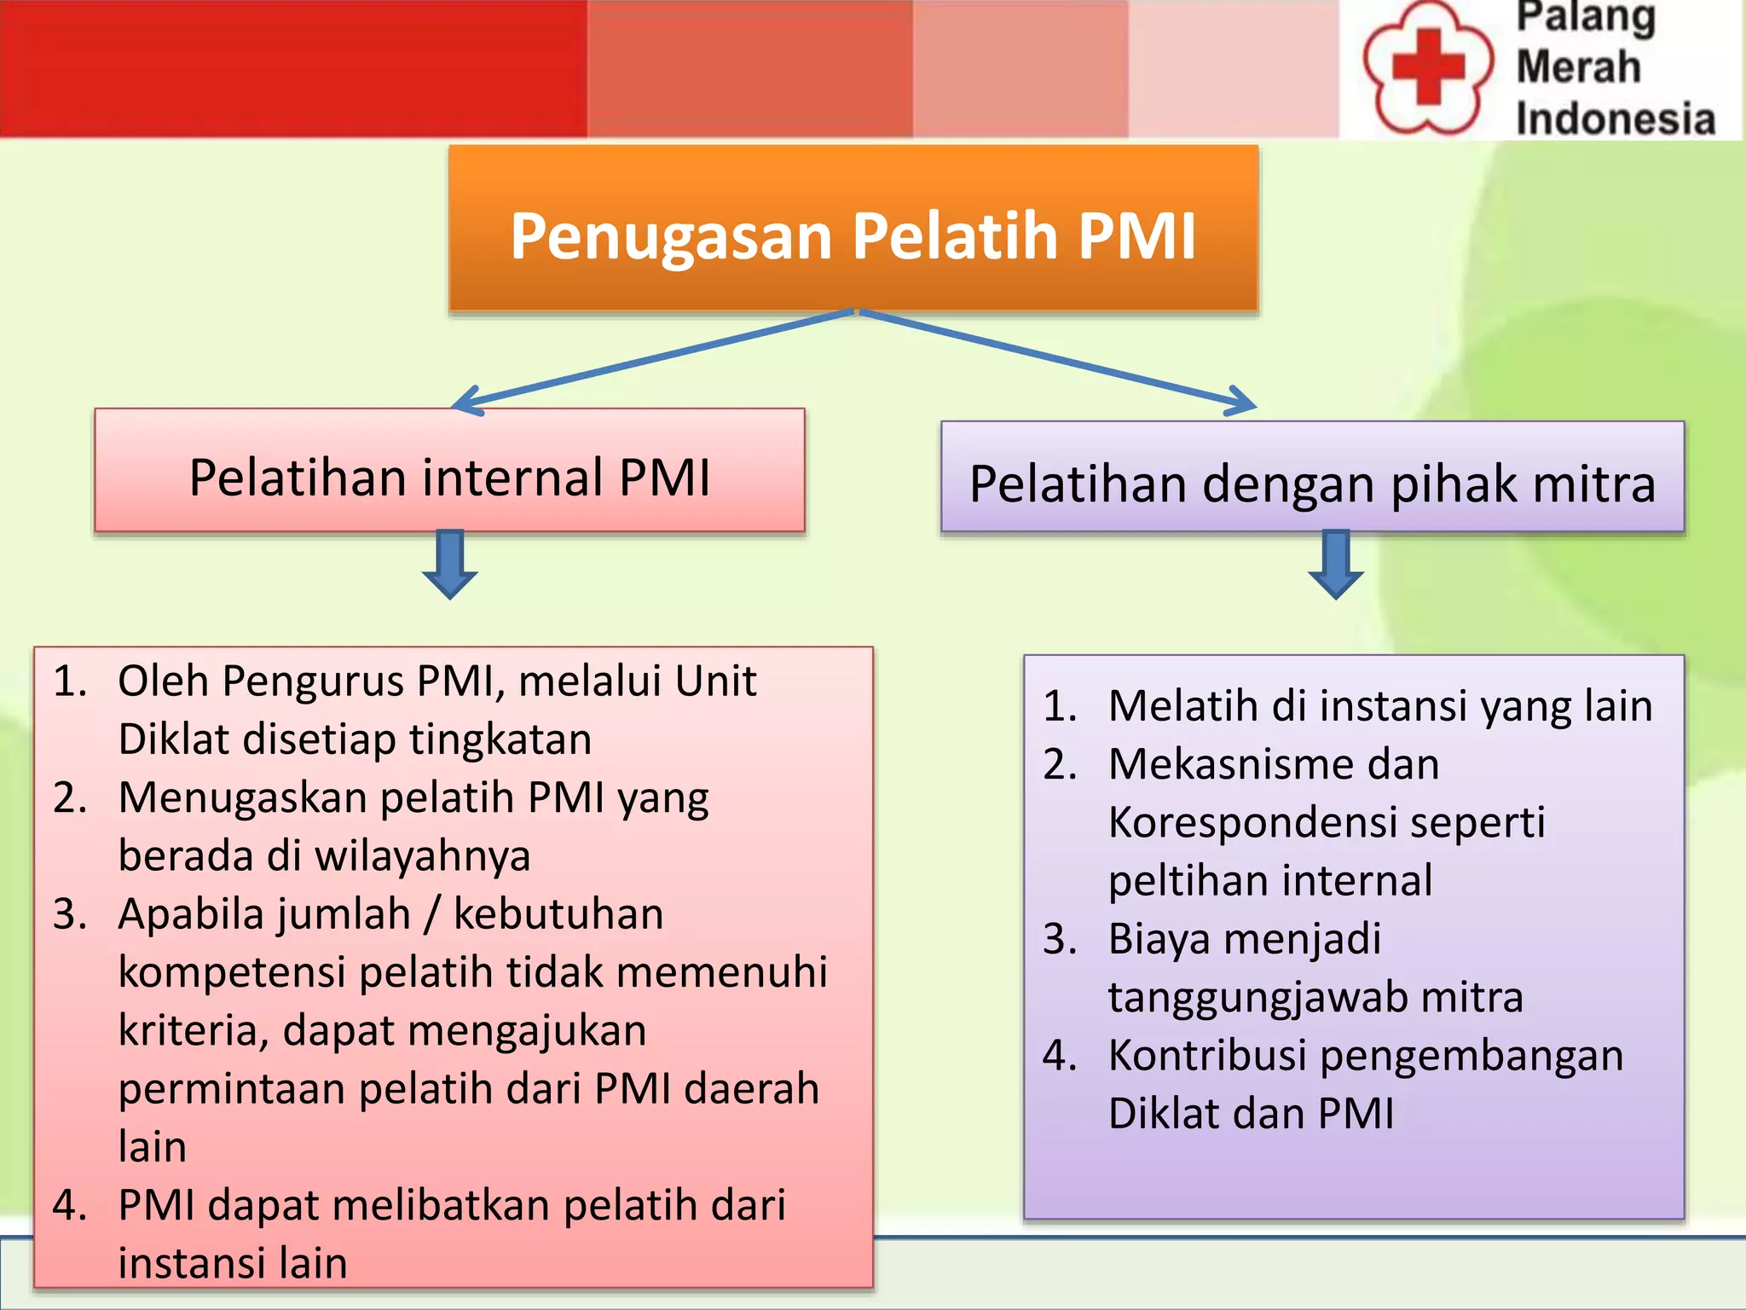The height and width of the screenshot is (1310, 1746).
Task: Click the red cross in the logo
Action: tap(1428, 66)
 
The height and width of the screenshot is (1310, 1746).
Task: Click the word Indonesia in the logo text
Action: tap(1615, 119)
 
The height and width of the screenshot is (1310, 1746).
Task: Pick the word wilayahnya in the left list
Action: tap(423, 856)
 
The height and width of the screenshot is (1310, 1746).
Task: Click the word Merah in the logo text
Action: tap(1578, 67)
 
